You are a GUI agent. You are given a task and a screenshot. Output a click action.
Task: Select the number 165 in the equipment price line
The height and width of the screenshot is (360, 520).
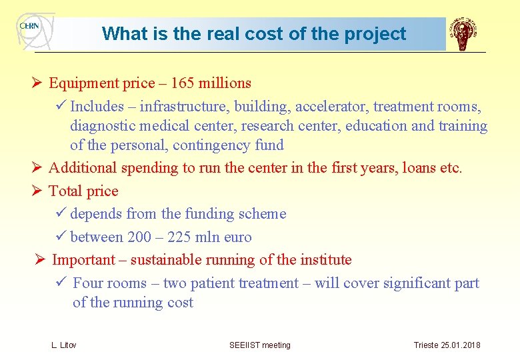(x=183, y=83)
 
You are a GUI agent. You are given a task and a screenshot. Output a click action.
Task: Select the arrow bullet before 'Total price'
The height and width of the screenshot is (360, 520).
(x=37, y=191)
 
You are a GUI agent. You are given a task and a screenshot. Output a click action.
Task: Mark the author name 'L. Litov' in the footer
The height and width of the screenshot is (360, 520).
(x=64, y=345)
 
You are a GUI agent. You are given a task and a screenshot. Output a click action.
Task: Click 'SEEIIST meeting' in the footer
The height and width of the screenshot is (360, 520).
(x=260, y=345)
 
